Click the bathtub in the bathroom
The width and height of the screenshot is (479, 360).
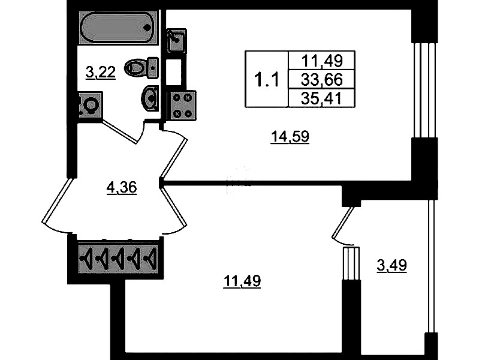118,28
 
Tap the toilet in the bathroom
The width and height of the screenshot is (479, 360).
141,67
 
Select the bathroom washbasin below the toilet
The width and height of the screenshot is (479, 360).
150,98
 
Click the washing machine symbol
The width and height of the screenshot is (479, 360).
89,104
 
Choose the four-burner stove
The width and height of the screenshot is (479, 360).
182,105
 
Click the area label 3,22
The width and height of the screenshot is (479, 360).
101,73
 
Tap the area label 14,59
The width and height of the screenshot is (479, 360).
290,136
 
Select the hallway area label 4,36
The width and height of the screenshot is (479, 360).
122,187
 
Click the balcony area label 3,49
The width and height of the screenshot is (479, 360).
391,265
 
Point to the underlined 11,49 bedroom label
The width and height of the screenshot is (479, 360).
242,281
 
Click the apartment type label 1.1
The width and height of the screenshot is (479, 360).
266,80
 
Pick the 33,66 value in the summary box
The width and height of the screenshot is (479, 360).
322,80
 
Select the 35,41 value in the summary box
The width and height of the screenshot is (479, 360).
322,98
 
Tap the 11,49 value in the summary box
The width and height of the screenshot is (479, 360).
322,61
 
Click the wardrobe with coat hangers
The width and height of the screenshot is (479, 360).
118,258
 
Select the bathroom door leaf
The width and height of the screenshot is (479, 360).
120,131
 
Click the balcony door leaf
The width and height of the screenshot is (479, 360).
343,222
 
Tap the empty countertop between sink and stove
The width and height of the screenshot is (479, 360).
173,71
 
